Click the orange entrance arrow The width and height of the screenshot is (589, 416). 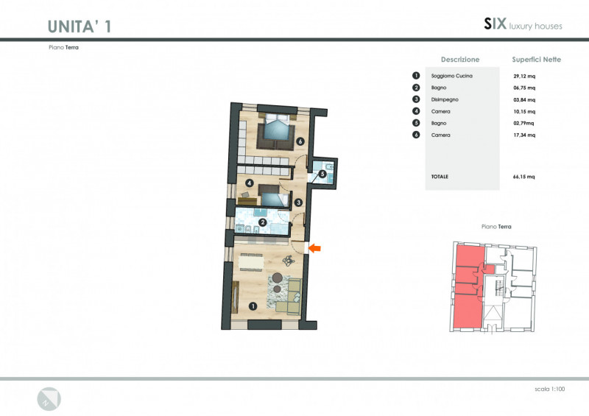click(x=315, y=248)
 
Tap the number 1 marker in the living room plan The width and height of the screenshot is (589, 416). click(x=253, y=306)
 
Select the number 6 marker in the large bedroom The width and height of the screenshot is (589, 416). click(x=300, y=141)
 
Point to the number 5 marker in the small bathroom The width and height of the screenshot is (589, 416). click(x=322, y=174)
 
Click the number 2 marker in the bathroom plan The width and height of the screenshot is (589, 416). click(x=263, y=222)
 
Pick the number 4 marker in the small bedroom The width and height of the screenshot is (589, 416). click(x=250, y=183)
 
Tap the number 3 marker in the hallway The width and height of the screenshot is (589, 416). click(x=298, y=202)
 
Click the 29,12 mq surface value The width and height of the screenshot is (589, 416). click(x=524, y=77)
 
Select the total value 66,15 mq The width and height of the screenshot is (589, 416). click(x=524, y=177)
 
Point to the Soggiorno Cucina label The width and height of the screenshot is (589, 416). click(x=452, y=76)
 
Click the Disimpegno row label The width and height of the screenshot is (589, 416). click(x=445, y=99)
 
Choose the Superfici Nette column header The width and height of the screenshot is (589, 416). click(x=537, y=60)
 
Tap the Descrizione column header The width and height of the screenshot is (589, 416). click(x=460, y=60)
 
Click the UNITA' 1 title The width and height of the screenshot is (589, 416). click(x=80, y=27)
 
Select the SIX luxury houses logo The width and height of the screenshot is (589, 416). click(x=523, y=24)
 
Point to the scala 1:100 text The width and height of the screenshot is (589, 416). click(x=549, y=389)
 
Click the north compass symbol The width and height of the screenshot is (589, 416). click(x=49, y=399)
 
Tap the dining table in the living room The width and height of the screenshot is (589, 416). click(x=251, y=262)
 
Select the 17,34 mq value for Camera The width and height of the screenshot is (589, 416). click(x=524, y=135)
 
